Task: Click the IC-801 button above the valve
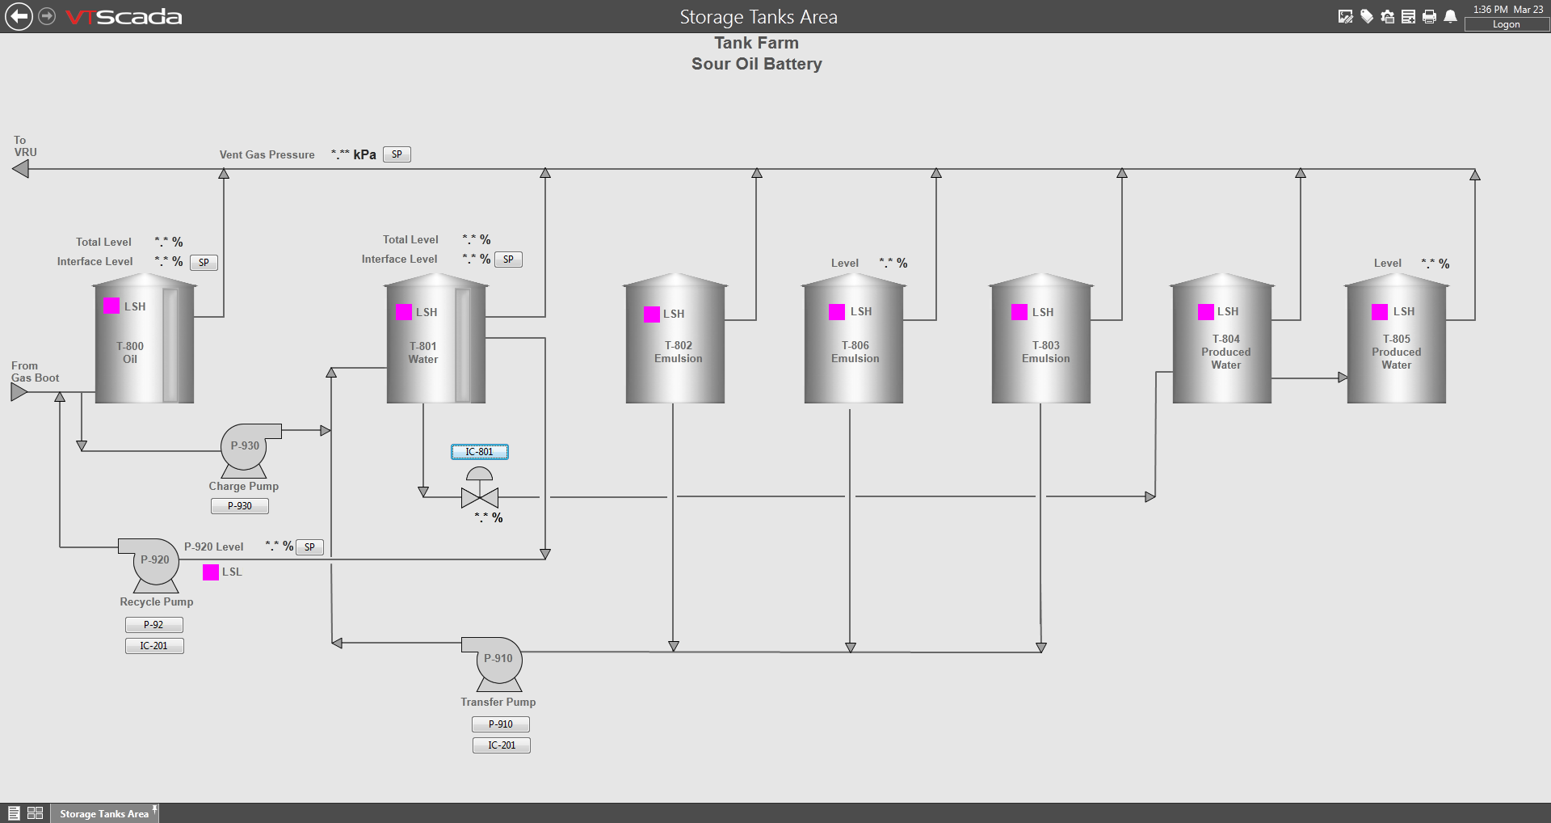click(480, 452)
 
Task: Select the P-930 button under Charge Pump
click(240, 506)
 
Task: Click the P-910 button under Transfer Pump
click(501, 724)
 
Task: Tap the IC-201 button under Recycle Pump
click(154, 646)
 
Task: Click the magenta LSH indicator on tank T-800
click(111, 306)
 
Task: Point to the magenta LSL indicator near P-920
click(211, 572)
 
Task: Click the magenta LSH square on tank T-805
click(1380, 312)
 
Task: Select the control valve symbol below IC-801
click(480, 488)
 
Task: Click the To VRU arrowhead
click(20, 169)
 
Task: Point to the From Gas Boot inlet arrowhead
click(19, 392)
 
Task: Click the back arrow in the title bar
click(19, 16)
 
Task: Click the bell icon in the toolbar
click(1451, 16)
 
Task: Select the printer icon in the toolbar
click(1430, 16)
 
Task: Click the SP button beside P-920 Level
click(309, 547)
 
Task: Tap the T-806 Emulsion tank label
click(855, 352)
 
